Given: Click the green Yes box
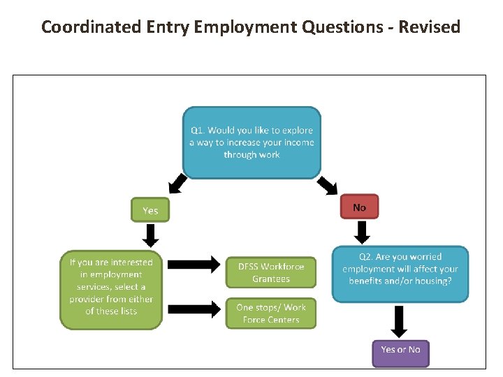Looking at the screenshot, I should coord(150,210).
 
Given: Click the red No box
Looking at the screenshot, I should coord(359,207).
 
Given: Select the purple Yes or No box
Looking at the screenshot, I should coord(400,350).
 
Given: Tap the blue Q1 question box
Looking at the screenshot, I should coord(251,142).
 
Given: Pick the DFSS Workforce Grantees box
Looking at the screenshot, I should coord(271,272).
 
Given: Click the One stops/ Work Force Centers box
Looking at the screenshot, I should coord(271,313).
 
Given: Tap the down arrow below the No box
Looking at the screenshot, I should coord(362,232).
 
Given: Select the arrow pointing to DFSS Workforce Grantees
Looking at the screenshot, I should coord(194,265).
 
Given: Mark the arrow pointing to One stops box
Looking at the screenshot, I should coord(194,309).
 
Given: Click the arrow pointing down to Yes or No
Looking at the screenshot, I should coord(400,321).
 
